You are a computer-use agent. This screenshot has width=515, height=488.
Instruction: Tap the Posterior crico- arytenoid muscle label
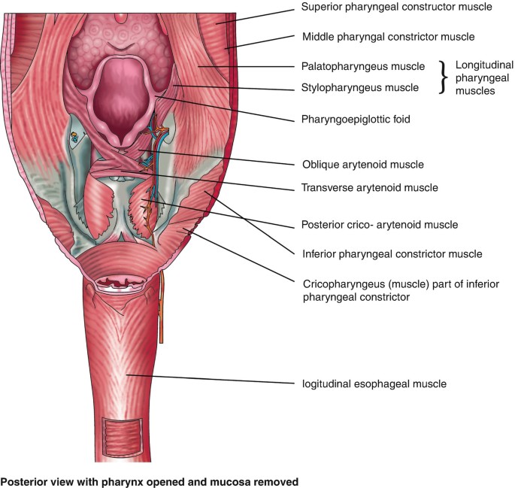pyautogui.click(x=379, y=224)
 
